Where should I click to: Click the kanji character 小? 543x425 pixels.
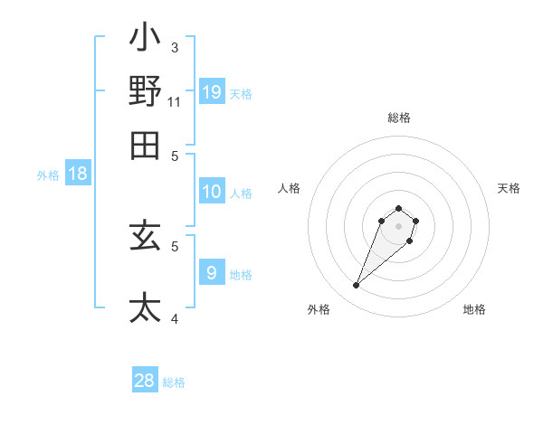(x=145, y=40)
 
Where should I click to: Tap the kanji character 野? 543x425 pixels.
(x=145, y=91)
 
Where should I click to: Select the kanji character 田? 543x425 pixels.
(x=145, y=145)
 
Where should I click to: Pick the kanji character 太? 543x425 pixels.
(x=145, y=307)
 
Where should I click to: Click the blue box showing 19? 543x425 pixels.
(x=211, y=92)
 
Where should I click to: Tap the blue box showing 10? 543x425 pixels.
(x=211, y=192)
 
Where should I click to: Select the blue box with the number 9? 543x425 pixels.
(x=211, y=272)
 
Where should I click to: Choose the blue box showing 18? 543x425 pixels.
(x=77, y=174)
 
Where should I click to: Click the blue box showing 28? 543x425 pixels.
(x=145, y=381)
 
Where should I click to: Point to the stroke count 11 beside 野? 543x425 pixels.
(x=175, y=101)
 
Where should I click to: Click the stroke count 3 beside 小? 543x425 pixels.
(x=174, y=47)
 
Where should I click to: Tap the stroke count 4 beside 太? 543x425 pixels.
(x=174, y=317)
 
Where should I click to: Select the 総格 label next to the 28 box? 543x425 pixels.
(x=174, y=382)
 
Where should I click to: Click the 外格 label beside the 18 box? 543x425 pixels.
(x=47, y=175)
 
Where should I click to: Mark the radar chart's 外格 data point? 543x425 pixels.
(x=356, y=286)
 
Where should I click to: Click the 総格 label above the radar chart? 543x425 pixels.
(x=398, y=118)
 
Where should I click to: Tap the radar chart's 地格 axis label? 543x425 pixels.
(x=474, y=309)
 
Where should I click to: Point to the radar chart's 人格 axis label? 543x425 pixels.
(x=290, y=188)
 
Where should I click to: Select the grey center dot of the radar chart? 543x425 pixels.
(x=398, y=225)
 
